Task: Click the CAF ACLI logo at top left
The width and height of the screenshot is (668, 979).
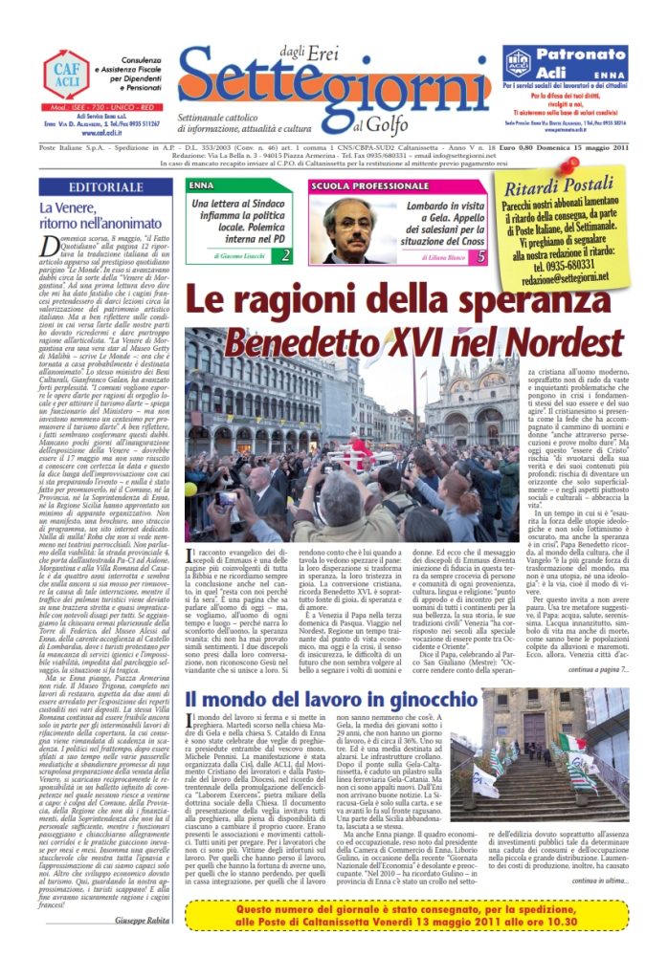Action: (66, 75)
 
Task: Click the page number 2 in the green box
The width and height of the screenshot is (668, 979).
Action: (285, 256)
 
